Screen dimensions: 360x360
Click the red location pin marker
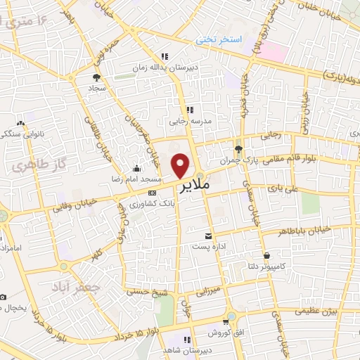(181, 165)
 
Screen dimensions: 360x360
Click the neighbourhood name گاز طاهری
(32, 167)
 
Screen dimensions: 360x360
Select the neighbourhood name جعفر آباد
(77, 288)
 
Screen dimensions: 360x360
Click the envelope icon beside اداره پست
(208, 237)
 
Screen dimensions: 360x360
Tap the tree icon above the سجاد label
(96, 77)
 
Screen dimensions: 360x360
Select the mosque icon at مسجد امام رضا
(136, 169)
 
